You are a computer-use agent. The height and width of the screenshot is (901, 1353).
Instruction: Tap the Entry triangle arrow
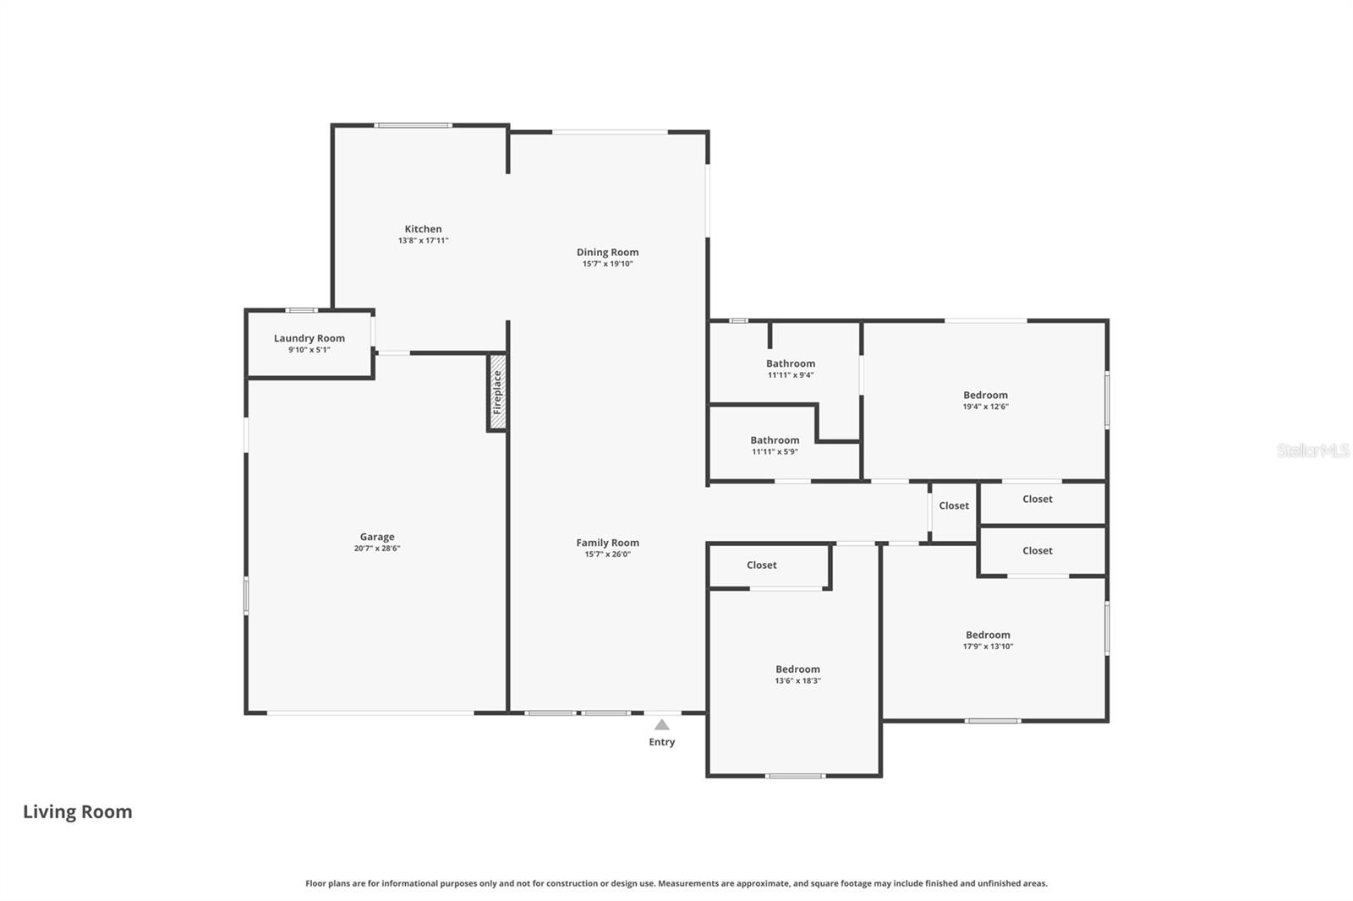click(662, 725)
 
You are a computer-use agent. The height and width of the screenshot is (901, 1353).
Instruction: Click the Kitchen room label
click(423, 229)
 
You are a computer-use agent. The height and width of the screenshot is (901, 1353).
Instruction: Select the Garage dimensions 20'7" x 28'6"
click(377, 549)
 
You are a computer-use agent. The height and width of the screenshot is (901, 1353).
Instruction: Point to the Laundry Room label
click(309, 338)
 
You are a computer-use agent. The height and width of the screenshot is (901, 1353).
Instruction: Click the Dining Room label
click(607, 252)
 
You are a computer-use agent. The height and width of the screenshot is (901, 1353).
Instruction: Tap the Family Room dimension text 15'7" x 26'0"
click(607, 554)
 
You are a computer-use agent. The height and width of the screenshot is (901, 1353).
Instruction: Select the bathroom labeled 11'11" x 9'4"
click(791, 369)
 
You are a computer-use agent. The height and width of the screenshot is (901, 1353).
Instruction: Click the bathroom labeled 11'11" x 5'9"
click(775, 445)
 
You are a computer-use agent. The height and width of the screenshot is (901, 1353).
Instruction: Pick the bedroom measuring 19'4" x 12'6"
click(985, 400)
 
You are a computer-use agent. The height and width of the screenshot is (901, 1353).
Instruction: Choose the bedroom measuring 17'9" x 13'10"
click(988, 640)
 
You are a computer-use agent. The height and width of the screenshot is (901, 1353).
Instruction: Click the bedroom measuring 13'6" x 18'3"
click(797, 674)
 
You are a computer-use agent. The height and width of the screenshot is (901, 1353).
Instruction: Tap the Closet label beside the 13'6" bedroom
click(761, 565)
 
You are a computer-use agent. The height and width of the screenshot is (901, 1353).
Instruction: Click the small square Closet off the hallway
click(954, 506)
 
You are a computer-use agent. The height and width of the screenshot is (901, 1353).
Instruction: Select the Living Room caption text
click(78, 812)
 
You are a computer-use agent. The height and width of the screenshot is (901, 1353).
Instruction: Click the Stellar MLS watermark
click(1312, 450)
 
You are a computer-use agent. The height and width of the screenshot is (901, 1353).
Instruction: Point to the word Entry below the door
click(662, 742)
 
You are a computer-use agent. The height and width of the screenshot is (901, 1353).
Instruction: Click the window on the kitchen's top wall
click(414, 126)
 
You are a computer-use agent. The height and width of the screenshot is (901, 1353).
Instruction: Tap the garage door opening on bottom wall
click(370, 713)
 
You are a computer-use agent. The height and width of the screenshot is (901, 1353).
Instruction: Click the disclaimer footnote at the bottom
click(676, 883)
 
